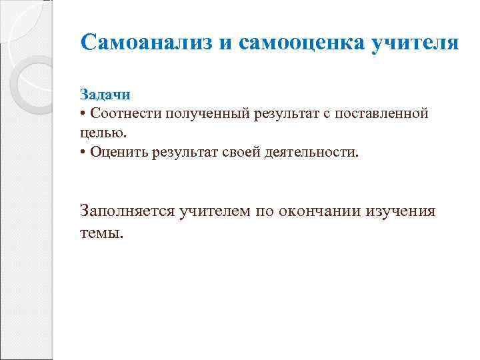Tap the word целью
(x=97, y=133)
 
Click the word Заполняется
(x=126, y=211)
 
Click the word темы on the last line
(x=101, y=233)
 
